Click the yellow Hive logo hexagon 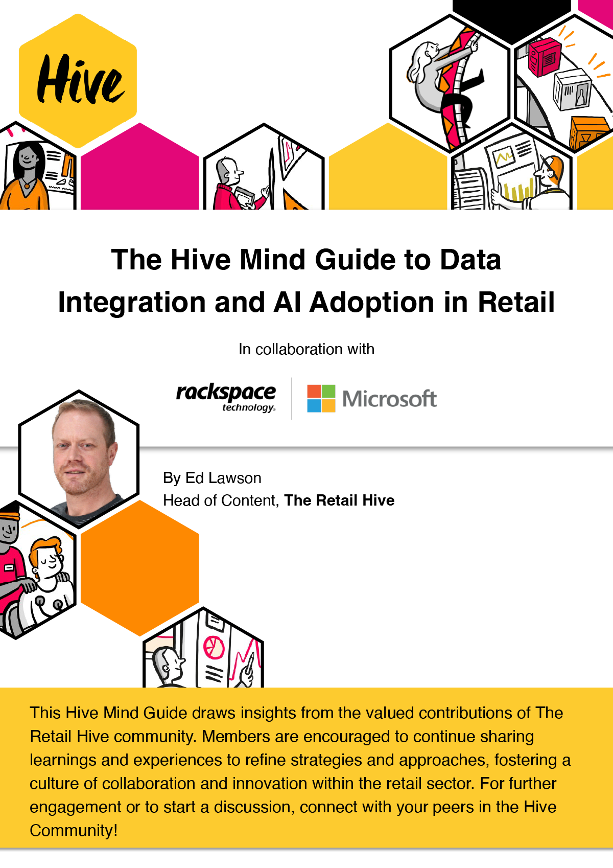[x=78, y=81]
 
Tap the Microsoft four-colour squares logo [x=321, y=398]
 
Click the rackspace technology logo [x=226, y=398]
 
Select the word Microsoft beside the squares [x=390, y=399]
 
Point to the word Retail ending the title [x=516, y=302]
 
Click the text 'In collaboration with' [x=306, y=349]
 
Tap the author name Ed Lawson [x=223, y=478]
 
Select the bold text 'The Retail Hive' [x=339, y=500]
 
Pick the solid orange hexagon [x=140, y=568]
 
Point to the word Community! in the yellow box [x=74, y=830]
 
